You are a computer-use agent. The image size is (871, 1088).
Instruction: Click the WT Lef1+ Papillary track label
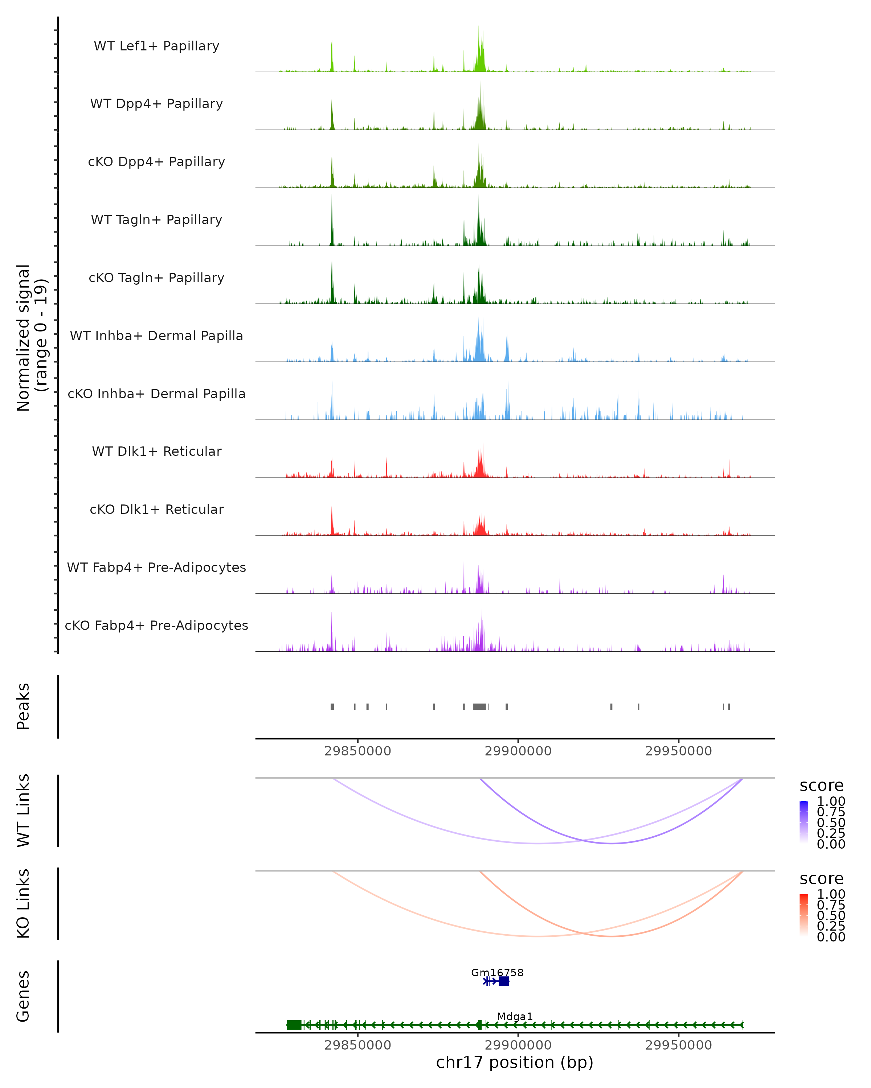156,46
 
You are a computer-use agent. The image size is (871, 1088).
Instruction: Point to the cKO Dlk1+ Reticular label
156,509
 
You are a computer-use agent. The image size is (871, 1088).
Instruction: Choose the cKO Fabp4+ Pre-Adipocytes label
156,625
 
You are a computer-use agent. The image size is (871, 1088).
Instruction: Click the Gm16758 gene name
497,972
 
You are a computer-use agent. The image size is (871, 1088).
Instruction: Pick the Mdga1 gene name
515,1016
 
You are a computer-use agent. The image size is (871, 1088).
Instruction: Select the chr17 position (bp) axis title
515,1062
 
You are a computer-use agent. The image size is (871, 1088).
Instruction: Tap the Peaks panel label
23,706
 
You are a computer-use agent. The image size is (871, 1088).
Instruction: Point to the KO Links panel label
23,903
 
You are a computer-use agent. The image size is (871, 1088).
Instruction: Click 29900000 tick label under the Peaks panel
518,751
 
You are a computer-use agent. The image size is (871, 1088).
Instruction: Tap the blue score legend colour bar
804,822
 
